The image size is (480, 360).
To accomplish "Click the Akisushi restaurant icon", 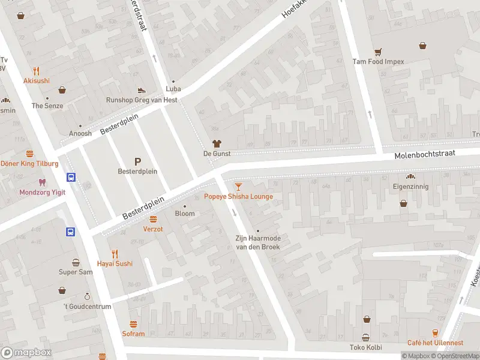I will coord(37,70).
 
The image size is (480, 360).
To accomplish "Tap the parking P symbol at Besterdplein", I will coord(137,161).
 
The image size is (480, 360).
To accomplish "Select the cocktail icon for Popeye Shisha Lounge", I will coord(239,187).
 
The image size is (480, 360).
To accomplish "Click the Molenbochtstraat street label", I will coord(425,155).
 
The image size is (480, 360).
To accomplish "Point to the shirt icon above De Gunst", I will coord(217,143).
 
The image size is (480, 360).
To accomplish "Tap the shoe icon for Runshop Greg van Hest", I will coord(141,90).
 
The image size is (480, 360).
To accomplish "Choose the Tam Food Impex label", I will coord(378,61).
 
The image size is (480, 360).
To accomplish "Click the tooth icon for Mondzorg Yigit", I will coord(41,181).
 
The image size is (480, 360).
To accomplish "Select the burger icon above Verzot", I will coord(153,219).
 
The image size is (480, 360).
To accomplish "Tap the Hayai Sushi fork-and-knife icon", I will coord(115,253).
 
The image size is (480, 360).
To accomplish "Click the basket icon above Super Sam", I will coord(76,262).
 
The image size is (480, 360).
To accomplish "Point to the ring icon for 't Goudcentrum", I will coord(87,296).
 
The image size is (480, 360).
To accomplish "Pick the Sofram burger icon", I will coord(133,324).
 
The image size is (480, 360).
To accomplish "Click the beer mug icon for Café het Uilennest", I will coord(436,332).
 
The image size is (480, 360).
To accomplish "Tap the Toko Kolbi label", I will coord(365,347).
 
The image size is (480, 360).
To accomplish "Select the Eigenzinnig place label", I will coord(411,187).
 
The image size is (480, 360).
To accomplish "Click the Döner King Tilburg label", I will coord(29,164).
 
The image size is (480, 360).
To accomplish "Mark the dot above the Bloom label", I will coord(185,206).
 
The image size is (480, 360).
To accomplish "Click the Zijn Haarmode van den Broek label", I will coord(258,242).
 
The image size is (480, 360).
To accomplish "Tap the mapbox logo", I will coord(26,352).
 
